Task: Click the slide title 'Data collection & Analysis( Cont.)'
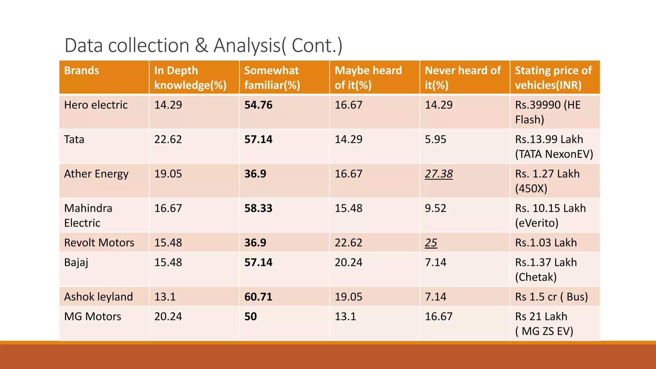pos(203,45)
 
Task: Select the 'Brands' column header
pos(82,70)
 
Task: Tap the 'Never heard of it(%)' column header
pos(463,78)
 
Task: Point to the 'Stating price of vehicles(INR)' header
pos(553,78)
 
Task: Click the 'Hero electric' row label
pos(96,105)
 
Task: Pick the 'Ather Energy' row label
pos(96,174)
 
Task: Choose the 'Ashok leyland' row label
pos(98,297)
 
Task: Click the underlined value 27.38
pos(439,174)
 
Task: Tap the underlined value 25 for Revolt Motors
pos(431,243)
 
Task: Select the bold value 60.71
pos(258,297)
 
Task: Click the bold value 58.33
pos(258,209)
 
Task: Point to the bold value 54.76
pos(258,105)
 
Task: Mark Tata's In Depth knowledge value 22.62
pos(168,140)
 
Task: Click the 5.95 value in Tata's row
pos(435,140)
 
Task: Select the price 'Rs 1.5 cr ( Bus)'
pos(551,297)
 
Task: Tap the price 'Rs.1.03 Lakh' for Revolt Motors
pos(546,243)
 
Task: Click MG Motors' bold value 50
pos(250,317)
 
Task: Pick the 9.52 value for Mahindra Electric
pos(435,209)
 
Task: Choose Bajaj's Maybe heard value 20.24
pos(348,263)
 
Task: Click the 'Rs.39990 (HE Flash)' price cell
pos(548,112)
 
